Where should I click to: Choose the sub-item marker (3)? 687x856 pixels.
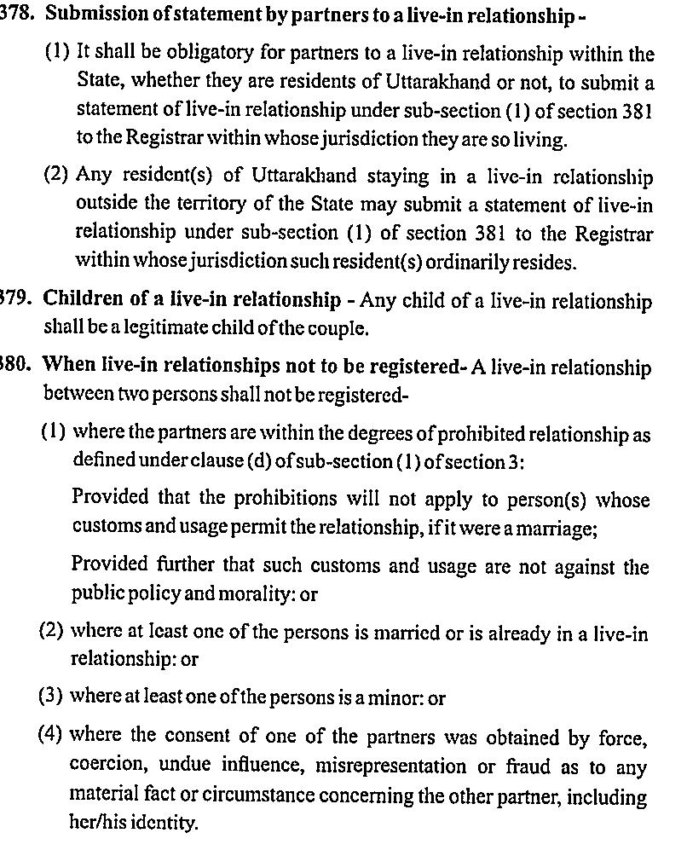[x=50, y=697]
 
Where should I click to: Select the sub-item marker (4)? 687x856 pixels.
[x=50, y=735]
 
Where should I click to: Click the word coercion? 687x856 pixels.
[x=104, y=766]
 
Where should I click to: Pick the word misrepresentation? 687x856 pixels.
[x=390, y=766]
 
